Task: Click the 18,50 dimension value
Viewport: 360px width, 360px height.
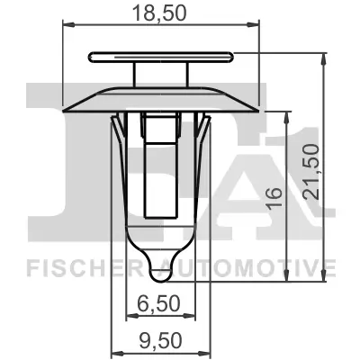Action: pos(162,14)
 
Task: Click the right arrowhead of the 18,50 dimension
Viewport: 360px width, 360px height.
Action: pos(256,28)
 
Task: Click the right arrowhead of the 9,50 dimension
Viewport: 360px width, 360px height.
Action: pos(210,353)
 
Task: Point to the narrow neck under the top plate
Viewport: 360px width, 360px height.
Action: pos(162,74)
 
